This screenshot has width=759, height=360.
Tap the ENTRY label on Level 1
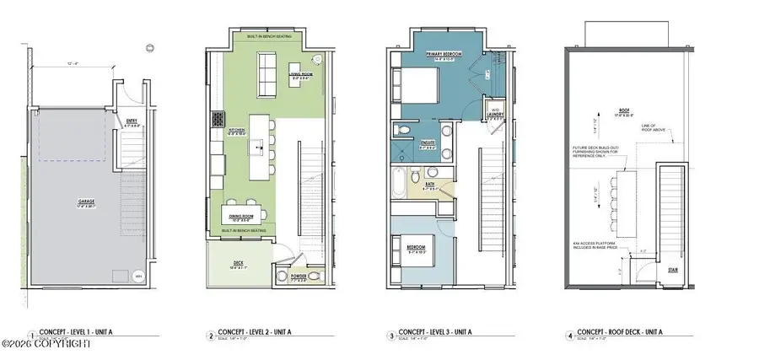132,123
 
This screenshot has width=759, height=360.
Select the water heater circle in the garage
139,275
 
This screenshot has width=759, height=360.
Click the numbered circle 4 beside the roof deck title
570,336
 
